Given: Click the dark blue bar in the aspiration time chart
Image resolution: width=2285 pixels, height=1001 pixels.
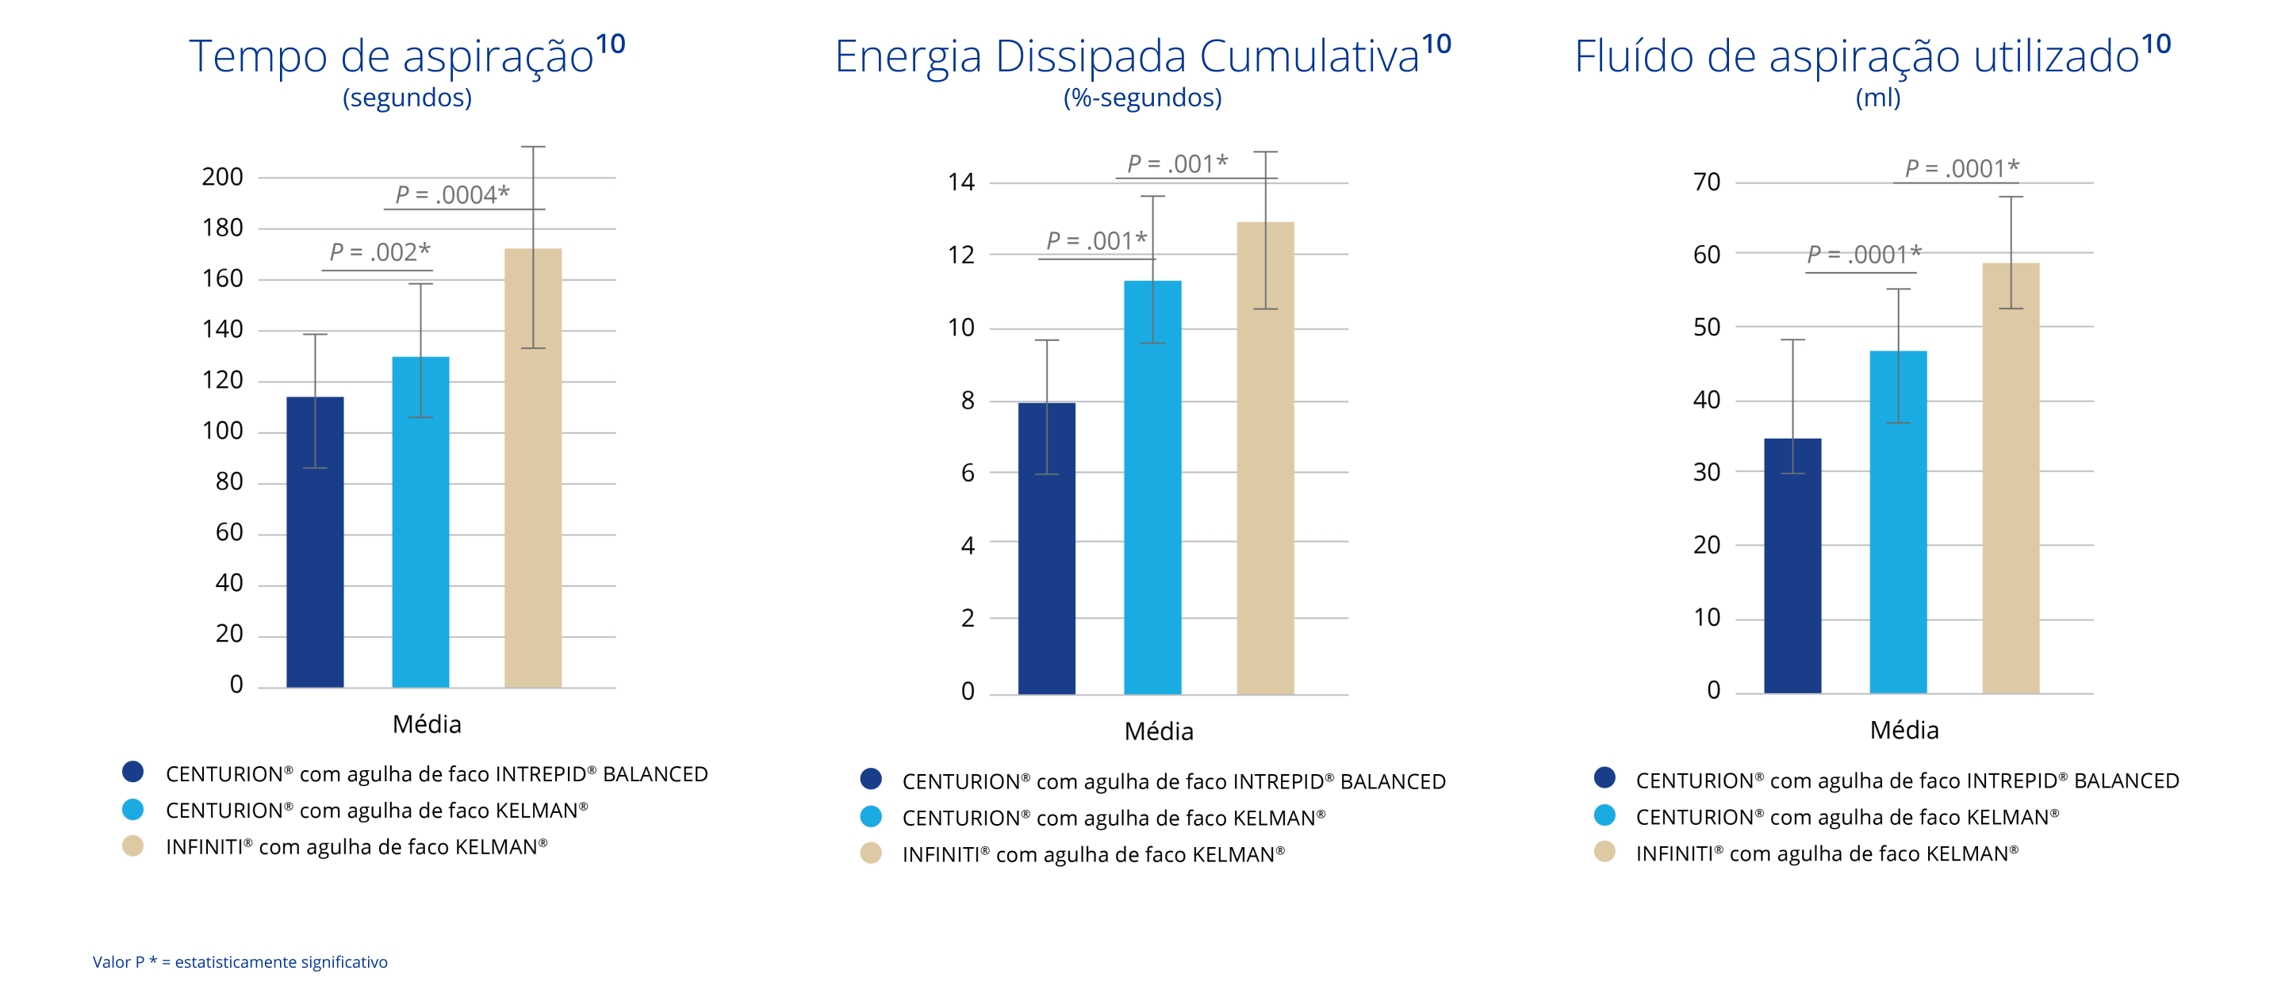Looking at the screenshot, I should pyautogui.click(x=315, y=541).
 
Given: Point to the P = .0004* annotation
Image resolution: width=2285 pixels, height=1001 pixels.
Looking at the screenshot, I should pyautogui.click(x=452, y=194).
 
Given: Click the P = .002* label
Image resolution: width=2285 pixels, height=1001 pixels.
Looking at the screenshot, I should pyautogui.click(x=380, y=252).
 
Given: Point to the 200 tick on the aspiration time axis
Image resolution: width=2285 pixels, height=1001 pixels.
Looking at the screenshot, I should pyautogui.click(x=222, y=178).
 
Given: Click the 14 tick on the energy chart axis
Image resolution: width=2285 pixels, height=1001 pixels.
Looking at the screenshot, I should pyautogui.click(x=960, y=182).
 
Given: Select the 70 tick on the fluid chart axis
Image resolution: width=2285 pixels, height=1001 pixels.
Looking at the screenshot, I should pyautogui.click(x=1707, y=182).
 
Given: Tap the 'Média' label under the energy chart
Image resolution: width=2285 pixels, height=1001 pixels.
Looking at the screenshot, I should pyautogui.click(x=1159, y=731).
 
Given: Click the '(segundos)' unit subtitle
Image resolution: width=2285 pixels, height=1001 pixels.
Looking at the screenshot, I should pyautogui.click(x=407, y=97).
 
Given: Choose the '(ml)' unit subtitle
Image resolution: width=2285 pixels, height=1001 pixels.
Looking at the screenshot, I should pyautogui.click(x=1878, y=97).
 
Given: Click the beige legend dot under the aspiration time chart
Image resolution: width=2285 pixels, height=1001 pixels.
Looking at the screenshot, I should pyautogui.click(x=133, y=846).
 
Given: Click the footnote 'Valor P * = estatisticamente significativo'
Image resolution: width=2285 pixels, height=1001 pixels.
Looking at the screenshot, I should pyautogui.click(x=240, y=962).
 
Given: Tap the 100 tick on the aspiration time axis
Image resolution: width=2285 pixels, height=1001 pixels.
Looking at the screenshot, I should pyautogui.click(x=222, y=431).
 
